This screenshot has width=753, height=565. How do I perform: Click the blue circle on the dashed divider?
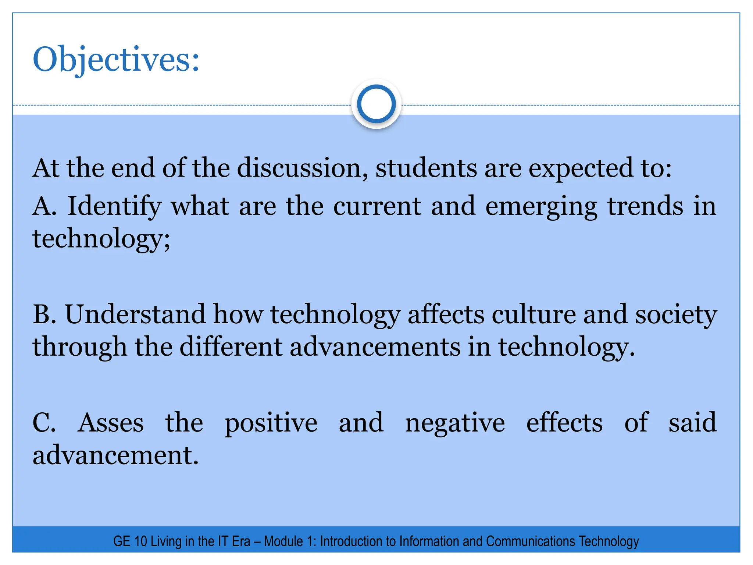376,104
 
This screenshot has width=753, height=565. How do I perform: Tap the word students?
426,168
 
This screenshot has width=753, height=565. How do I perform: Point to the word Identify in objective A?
114,207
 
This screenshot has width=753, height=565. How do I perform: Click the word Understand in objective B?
135,315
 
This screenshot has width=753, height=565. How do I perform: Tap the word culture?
533,315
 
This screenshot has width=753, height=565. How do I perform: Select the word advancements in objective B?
375,347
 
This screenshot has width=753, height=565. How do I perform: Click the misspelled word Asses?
111,423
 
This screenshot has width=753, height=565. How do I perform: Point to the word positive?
271,423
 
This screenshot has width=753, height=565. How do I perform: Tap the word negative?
455,423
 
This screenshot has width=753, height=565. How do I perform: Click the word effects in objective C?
564,423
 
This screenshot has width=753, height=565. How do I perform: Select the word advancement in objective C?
115,455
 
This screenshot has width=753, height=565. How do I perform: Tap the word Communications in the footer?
531,541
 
